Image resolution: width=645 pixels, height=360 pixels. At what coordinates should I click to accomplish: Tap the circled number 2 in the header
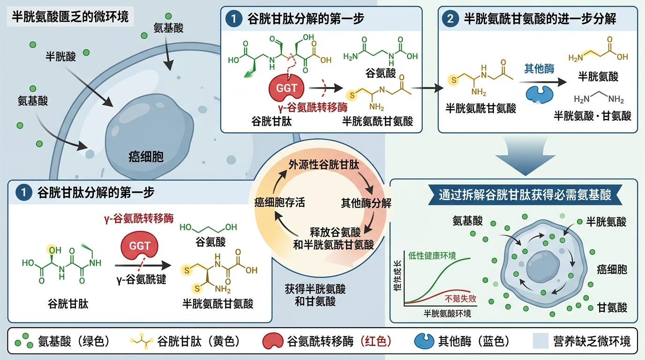click(x=450, y=19)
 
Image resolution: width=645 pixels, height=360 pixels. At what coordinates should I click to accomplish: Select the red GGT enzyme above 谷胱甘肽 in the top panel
click(x=286, y=88)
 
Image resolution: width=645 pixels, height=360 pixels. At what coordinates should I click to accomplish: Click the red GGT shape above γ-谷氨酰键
click(x=140, y=246)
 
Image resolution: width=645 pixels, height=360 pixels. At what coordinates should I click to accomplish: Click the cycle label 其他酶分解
click(x=366, y=203)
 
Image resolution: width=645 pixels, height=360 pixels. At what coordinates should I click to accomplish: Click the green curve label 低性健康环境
click(x=439, y=255)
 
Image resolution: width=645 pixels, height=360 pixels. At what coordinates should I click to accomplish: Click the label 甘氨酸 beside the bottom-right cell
click(x=612, y=307)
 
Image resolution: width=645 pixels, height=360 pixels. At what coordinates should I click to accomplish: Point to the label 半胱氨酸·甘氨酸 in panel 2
click(x=592, y=115)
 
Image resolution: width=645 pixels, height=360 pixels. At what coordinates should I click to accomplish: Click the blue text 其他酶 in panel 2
click(x=539, y=69)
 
